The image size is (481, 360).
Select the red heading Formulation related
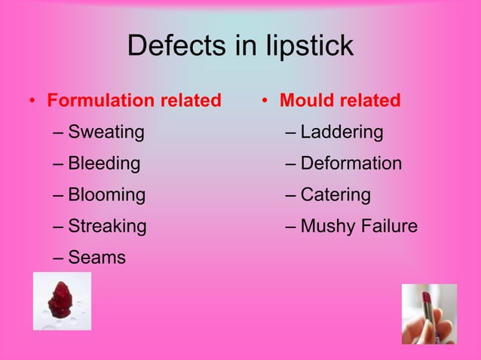click(x=134, y=100)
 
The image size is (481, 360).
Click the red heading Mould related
click(x=340, y=100)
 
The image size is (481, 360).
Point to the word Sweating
click(x=106, y=133)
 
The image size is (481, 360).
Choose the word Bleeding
click(x=104, y=163)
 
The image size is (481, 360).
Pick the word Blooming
click(x=106, y=195)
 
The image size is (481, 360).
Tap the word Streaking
click(x=107, y=226)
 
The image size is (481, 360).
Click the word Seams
click(x=97, y=258)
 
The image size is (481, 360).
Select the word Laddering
click(x=342, y=133)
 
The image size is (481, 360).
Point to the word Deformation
click(x=351, y=163)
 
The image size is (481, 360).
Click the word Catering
click(x=335, y=195)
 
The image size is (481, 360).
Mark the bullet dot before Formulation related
click(x=32, y=101)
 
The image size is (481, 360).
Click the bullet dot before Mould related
click(x=265, y=101)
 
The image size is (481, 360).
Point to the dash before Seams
click(x=59, y=258)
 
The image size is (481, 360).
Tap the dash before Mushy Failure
click(x=291, y=226)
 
